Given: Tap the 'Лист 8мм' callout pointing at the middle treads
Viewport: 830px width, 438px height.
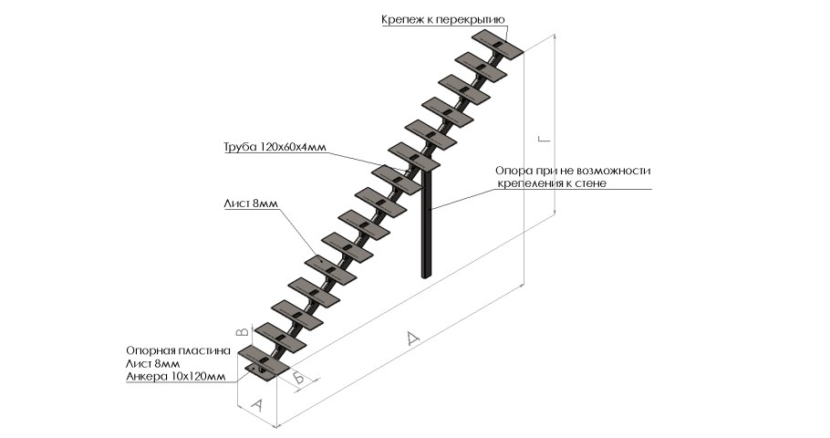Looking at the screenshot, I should pos(249,204).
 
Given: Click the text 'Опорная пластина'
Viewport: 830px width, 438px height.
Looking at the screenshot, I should pos(171,350).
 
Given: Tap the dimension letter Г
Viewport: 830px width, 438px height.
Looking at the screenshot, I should pos(545,139).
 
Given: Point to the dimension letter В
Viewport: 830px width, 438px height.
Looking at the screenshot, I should pos(242,332).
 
